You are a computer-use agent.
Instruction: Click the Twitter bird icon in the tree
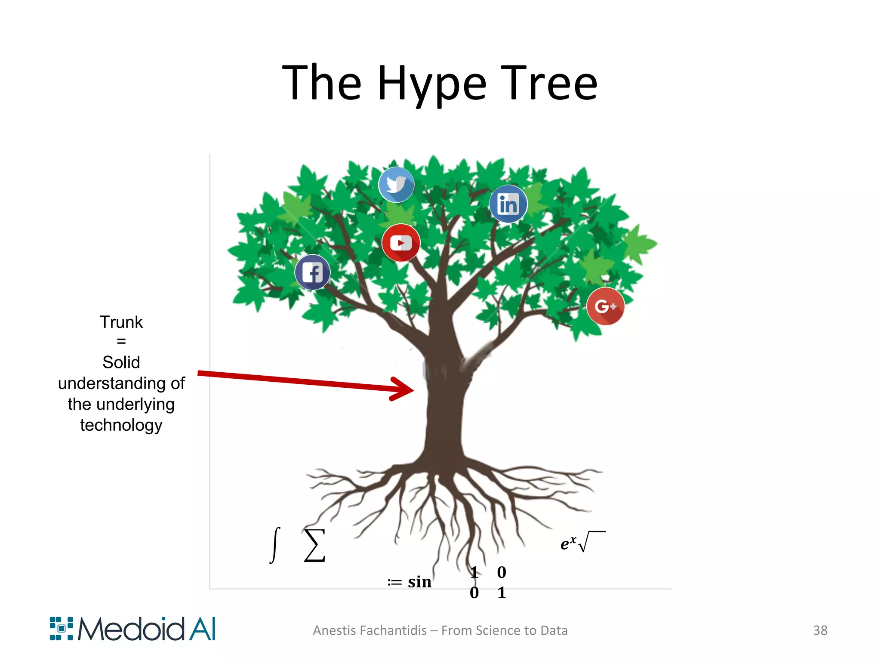point(396,185)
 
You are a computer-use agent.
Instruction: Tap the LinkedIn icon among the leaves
point(508,204)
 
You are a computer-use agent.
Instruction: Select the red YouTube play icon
point(401,243)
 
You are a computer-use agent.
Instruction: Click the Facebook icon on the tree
point(312,272)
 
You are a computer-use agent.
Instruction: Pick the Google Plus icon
point(605,306)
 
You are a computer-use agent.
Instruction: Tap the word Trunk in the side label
point(121,322)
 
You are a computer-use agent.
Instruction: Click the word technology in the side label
point(121,425)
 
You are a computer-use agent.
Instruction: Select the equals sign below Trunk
point(121,341)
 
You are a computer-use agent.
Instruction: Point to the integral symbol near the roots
point(275,545)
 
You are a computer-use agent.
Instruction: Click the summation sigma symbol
point(314,545)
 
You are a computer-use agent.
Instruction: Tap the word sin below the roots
point(419,582)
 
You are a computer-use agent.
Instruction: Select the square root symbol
point(591,541)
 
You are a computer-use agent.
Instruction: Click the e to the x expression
point(568,544)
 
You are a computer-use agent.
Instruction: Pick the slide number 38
point(820,630)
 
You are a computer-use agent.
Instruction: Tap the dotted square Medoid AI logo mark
point(61,629)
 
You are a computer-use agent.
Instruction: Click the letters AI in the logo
point(202,629)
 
